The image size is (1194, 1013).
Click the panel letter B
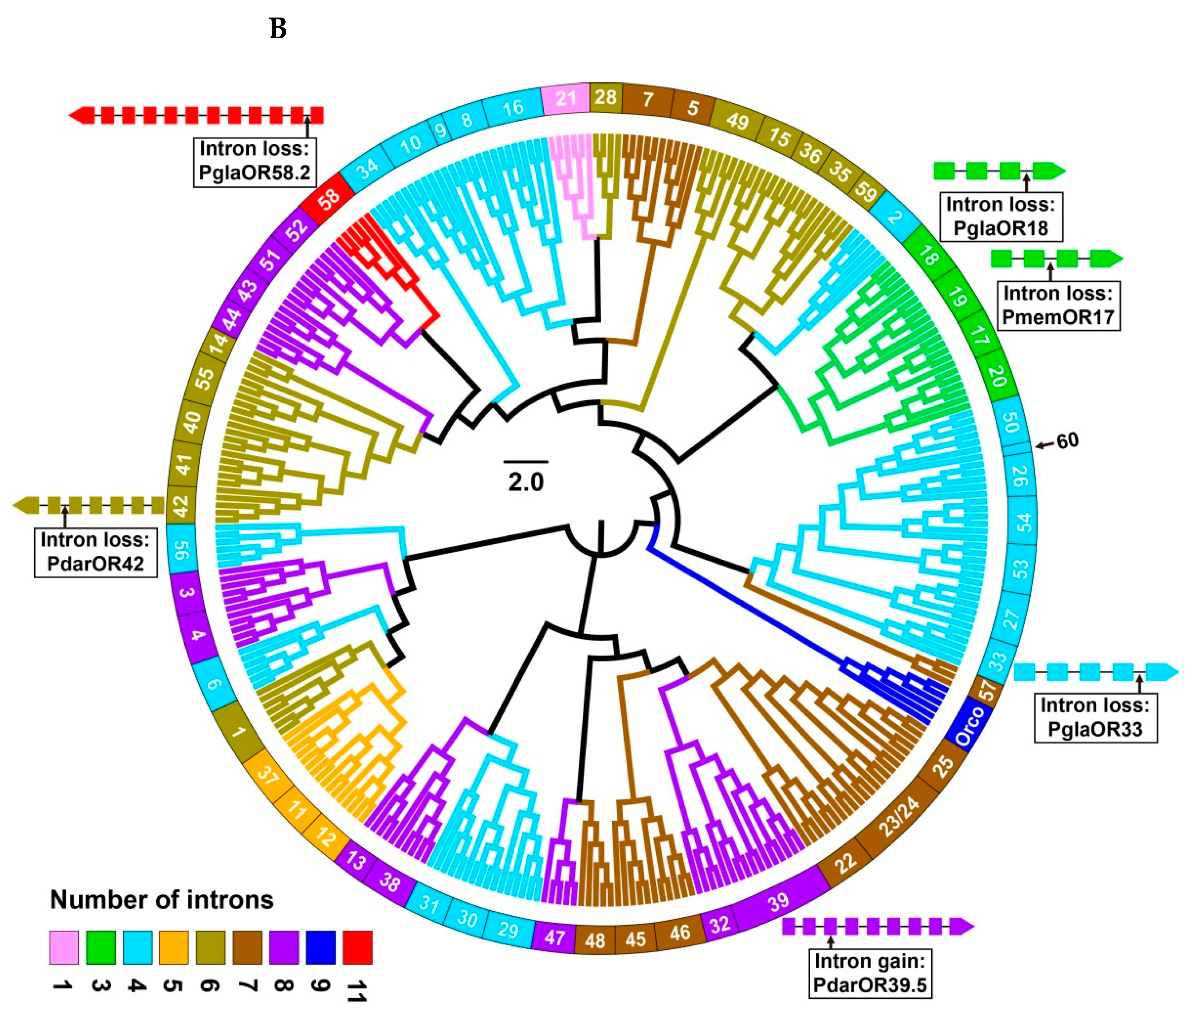pos(278,29)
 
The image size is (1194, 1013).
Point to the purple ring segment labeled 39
pos(778,902)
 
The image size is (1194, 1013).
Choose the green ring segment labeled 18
pos(928,256)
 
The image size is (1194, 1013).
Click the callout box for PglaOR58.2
pos(254,161)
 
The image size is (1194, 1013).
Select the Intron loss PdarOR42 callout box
pos(95,552)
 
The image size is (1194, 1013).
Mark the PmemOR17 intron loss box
pos(1058,305)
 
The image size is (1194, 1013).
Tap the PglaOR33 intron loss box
pos(1095,717)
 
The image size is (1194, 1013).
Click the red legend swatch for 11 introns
pos(357,947)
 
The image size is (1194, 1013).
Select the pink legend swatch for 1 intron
pos(64,947)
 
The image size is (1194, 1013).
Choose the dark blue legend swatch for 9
pos(320,947)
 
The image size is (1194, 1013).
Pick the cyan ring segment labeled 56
pos(181,549)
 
